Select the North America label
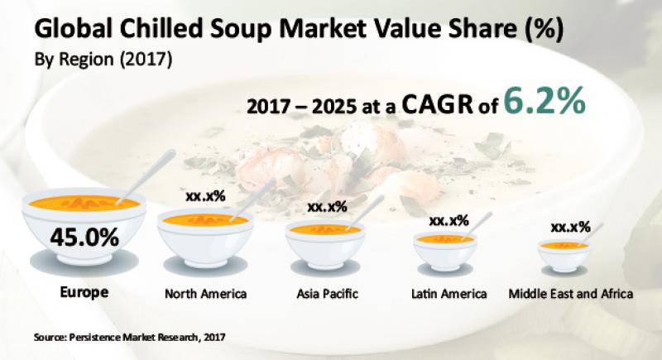click(206, 293)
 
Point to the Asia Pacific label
click(327, 293)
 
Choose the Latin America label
click(449, 293)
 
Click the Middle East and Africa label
click(571, 293)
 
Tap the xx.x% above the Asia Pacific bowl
click(327, 205)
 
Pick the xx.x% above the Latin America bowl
click(449, 220)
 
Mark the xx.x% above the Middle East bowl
click(570, 226)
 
